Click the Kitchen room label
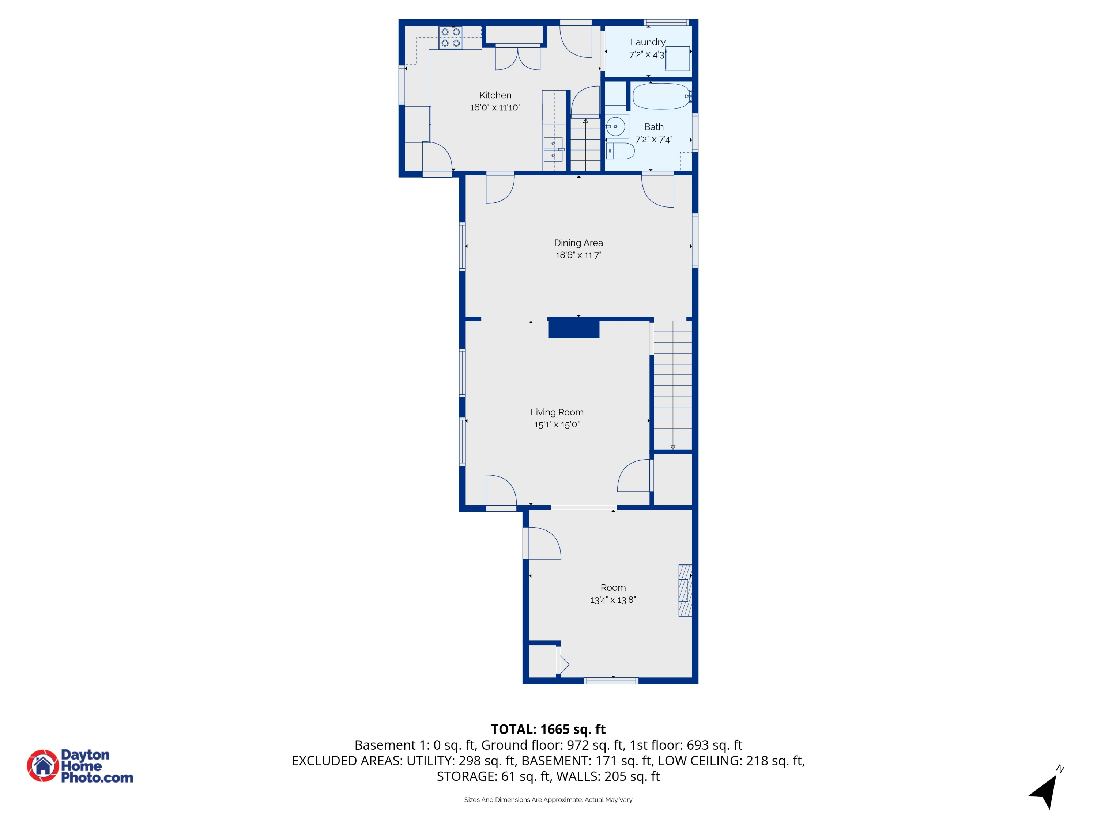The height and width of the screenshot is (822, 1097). coord(495,95)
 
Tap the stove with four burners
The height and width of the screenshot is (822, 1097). coord(450,38)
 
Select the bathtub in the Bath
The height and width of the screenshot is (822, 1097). coord(661,96)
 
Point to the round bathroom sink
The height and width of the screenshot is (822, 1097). coord(616,126)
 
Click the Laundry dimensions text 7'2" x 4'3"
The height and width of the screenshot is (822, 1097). coord(647,55)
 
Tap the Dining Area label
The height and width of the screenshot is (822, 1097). coord(578,243)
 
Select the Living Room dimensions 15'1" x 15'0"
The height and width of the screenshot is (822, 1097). coord(557,425)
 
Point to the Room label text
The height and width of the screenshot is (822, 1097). coord(613,587)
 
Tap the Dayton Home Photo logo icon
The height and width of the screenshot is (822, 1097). coord(43,765)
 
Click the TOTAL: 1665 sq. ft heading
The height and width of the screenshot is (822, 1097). coord(548,729)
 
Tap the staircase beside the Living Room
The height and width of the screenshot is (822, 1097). coord(672,387)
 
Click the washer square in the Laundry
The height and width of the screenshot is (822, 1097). coord(678,58)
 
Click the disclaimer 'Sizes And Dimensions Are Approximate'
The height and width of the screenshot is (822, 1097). coord(548,800)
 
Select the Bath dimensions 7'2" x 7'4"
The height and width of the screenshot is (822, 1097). coord(654,140)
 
